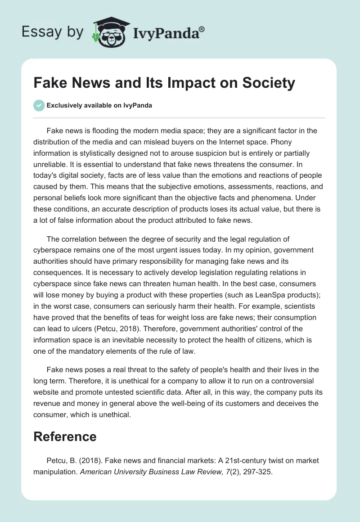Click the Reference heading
click(65, 436)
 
